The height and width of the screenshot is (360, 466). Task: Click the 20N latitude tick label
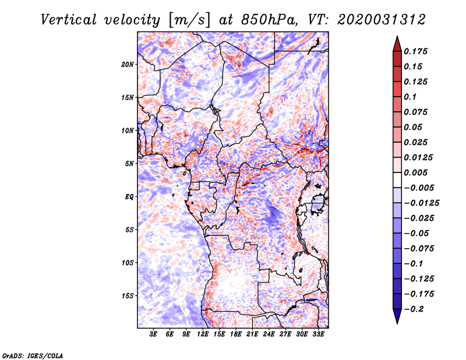pos(128,64)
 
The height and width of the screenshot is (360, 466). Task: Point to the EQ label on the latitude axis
pos(129,197)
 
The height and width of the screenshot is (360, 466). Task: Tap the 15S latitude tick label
pos(128,296)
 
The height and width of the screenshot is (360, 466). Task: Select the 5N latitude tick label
pos(129,164)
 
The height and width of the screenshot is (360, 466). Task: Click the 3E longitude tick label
pos(153,335)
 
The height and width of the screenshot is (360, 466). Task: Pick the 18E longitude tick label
pos(236,335)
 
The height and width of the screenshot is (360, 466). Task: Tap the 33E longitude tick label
pos(318,335)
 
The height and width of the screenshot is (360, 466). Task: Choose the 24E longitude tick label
pos(269,335)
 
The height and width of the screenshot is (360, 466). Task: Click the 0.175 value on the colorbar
pos(416,52)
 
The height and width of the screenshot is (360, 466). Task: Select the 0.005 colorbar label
pos(416,173)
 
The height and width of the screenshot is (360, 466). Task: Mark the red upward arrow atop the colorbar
pos(396,43)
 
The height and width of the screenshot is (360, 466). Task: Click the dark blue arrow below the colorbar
pos(396,316)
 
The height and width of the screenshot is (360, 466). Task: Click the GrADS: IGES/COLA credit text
pos(33,355)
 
